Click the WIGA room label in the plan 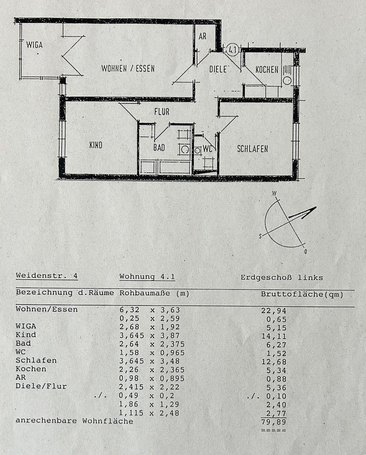35,45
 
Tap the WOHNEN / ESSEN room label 128,68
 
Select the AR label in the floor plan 202,36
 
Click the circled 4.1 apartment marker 232,49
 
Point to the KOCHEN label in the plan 267,70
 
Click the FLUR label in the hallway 162,111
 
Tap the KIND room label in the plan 96,145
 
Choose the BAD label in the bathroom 159,148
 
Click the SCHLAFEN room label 253,149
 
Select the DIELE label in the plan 218,69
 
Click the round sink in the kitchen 287,81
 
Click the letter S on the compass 260,237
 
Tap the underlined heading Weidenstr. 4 47,276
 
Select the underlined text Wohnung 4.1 147,277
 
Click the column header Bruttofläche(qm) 302,294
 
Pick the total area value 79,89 274,422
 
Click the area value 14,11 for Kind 274,337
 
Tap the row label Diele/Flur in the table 41,387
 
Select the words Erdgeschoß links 282,278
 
